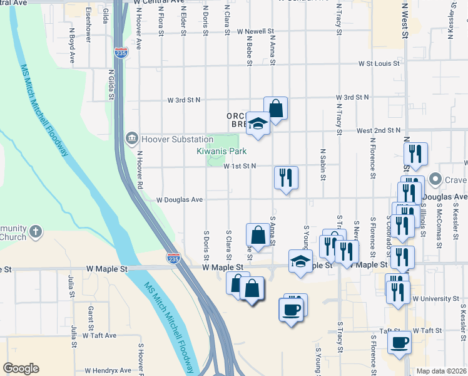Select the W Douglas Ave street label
[x=180, y=200]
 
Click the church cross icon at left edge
[x=36, y=231]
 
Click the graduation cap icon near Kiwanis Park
[x=257, y=123]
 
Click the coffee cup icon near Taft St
[x=400, y=342]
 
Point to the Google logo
[x=21, y=368]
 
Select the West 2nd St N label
[x=378, y=130]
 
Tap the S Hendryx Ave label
[x=111, y=370]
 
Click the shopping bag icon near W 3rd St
[x=275, y=108]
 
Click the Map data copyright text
[x=441, y=371]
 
